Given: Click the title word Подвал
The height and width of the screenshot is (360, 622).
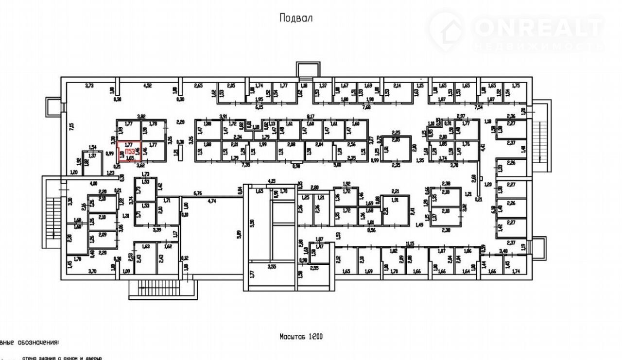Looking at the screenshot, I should click(x=295, y=18).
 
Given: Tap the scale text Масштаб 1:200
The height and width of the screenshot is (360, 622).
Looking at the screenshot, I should click(x=301, y=336).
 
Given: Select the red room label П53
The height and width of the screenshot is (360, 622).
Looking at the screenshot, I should click(x=130, y=152).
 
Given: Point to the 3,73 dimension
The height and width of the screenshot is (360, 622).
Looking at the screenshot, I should click(x=89, y=86).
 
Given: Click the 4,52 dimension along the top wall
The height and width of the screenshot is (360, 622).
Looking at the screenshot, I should click(x=147, y=86).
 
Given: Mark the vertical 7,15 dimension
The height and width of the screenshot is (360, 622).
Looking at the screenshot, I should click(x=71, y=127).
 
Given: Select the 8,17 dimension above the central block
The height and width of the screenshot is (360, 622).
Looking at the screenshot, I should click(x=311, y=117).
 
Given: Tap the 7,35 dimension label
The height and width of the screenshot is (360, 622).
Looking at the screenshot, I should click(x=246, y=166).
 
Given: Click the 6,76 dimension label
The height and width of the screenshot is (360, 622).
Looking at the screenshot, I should click(x=197, y=193).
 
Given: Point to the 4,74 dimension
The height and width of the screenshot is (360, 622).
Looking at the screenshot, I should click(x=212, y=201).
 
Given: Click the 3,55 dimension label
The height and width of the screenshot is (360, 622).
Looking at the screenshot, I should click(x=272, y=266).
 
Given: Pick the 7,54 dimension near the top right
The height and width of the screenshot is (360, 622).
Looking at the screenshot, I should click(x=479, y=106).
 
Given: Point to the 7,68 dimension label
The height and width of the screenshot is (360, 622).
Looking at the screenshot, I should click(x=366, y=107).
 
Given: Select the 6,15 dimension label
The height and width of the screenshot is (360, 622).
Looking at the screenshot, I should click(x=259, y=107).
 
